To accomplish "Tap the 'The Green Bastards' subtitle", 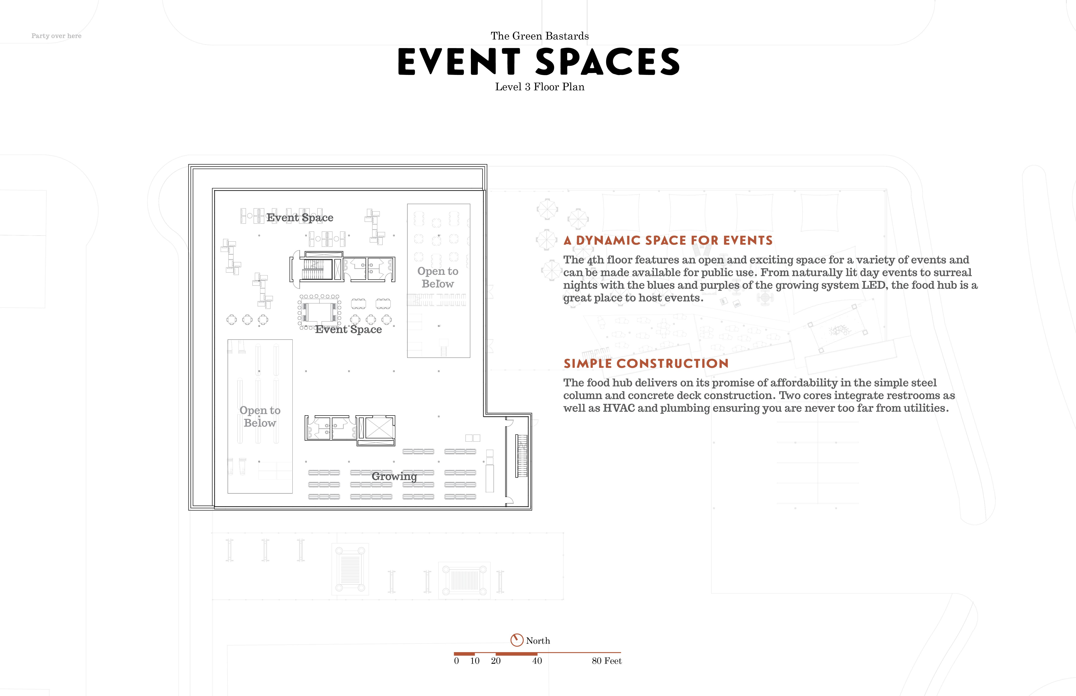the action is tap(540, 36).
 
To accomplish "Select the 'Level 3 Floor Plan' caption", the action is tap(540, 87).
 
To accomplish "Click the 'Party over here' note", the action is tap(57, 36).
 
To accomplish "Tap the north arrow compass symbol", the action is tap(517, 640).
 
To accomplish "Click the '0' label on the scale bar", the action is tap(457, 661).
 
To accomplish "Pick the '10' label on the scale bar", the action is tap(475, 661).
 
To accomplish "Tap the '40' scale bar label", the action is tap(537, 661).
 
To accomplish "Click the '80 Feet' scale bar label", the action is tap(607, 661).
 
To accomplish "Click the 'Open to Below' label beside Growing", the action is tap(260, 417).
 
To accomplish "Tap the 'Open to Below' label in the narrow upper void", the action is tap(438, 278).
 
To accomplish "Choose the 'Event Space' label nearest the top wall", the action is tap(300, 218).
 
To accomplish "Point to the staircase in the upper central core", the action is tap(313, 269).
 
